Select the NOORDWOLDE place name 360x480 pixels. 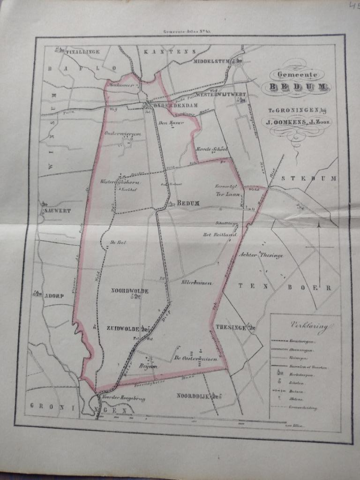[129, 291]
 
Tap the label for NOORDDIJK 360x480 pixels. [192, 397]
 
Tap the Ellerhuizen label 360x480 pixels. [197, 283]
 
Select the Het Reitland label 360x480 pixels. [218, 234]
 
